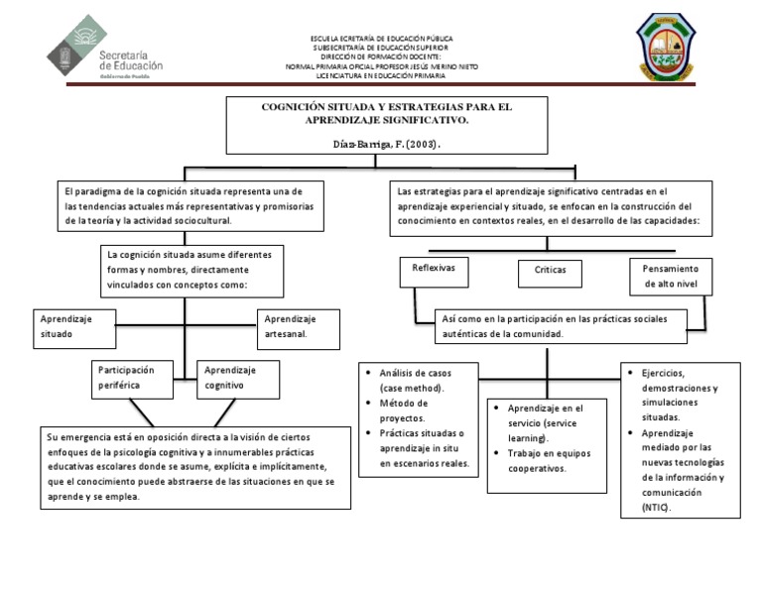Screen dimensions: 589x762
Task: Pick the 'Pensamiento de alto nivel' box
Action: tap(670, 276)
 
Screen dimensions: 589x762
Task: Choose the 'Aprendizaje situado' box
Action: tap(72, 326)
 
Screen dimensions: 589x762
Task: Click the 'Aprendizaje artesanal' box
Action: tap(298, 326)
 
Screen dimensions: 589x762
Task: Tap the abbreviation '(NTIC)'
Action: tap(657, 507)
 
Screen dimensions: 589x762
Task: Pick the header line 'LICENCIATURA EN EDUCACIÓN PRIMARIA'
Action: tap(381, 75)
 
